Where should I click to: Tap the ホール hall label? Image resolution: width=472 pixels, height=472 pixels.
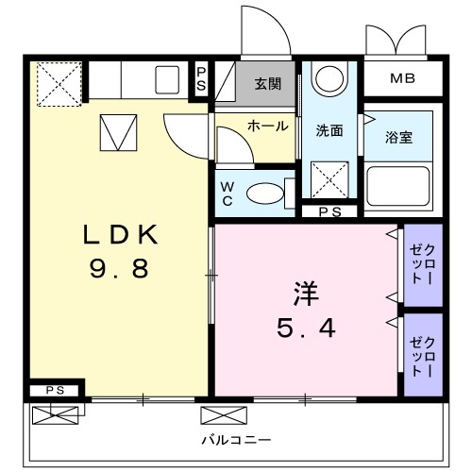(267, 126)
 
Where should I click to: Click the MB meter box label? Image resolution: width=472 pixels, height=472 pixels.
(402, 77)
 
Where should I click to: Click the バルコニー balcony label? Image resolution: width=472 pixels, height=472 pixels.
(237, 441)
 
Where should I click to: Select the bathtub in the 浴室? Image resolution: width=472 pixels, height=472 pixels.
(398, 186)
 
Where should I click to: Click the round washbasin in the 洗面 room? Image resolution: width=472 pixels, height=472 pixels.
(329, 79)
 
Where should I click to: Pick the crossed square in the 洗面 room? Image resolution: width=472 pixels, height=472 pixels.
(329, 178)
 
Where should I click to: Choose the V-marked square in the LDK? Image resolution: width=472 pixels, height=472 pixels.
(118, 132)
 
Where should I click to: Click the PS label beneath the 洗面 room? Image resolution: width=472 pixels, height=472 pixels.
(329, 212)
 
